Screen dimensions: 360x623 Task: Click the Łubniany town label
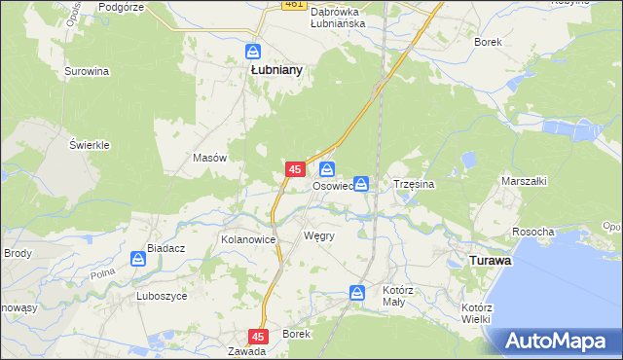tap(275, 70)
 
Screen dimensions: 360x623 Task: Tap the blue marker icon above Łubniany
tap(253, 52)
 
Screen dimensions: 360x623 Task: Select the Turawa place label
tap(491, 262)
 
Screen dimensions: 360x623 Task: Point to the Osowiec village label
tap(331, 186)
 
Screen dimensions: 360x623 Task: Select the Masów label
tap(210, 158)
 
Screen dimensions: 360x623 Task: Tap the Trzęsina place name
tap(413, 183)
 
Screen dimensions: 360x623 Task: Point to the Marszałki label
tap(525, 181)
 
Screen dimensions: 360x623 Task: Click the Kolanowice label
tap(249, 238)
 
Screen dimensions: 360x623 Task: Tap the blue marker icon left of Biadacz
tap(138, 259)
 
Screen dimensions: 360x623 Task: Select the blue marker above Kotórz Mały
tap(357, 292)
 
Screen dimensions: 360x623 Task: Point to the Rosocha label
tap(532, 232)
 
